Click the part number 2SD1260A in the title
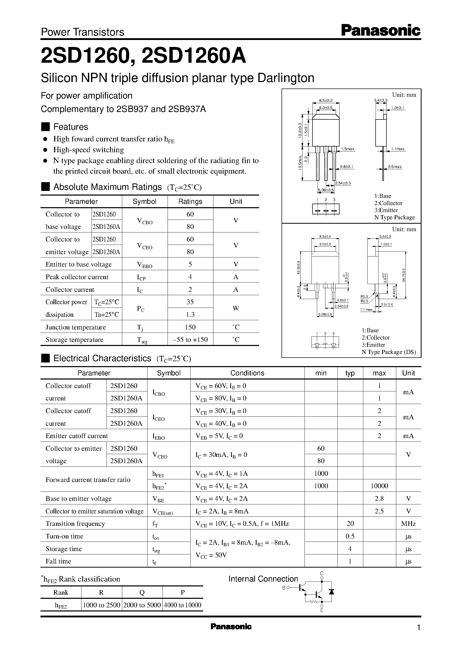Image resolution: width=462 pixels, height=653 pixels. [x=193, y=56]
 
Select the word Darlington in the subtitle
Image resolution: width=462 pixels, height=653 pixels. [x=286, y=78]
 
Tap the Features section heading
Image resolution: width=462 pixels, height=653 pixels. [x=71, y=127]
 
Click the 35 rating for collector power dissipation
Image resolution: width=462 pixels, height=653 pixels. [x=190, y=302]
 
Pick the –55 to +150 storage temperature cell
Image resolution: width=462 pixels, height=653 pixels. [x=190, y=340]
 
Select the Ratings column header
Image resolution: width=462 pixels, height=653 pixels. [x=190, y=201]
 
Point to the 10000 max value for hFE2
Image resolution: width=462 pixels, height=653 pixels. [x=379, y=486]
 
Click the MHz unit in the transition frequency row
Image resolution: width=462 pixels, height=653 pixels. [x=408, y=523]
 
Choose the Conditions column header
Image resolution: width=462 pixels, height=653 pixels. [x=247, y=373]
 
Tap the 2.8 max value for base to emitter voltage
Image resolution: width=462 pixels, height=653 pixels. [x=379, y=498]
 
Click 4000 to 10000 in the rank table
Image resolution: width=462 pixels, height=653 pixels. [x=182, y=605]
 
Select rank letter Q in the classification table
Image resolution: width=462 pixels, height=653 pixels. [x=142, y=592]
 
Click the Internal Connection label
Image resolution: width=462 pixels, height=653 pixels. [x=263, y=579]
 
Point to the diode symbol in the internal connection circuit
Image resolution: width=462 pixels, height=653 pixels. [x=331, y=592]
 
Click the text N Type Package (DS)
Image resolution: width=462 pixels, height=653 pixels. [x=389, y=352]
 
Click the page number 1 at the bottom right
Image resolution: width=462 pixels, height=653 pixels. [x=418, y=627]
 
